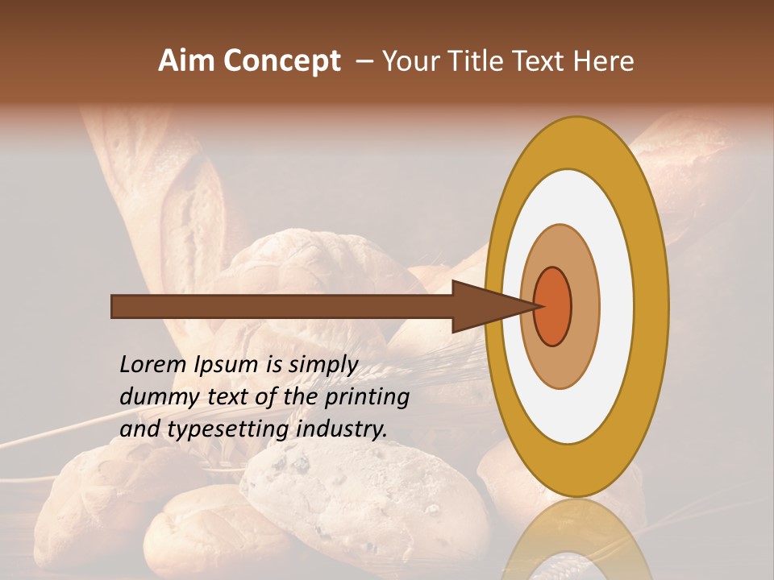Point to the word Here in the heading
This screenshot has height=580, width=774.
click(603, 61)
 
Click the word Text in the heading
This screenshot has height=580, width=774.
click(543, 61)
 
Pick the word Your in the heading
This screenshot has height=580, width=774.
click(412, 61)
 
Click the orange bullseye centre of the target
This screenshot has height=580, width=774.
click(553, 306)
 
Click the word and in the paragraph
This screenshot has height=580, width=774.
click(139, 429)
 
